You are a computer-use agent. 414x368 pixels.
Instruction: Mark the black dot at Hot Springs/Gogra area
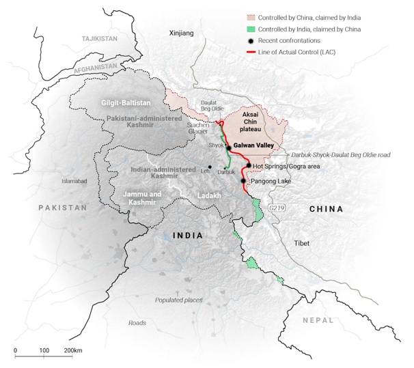point(248,166)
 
